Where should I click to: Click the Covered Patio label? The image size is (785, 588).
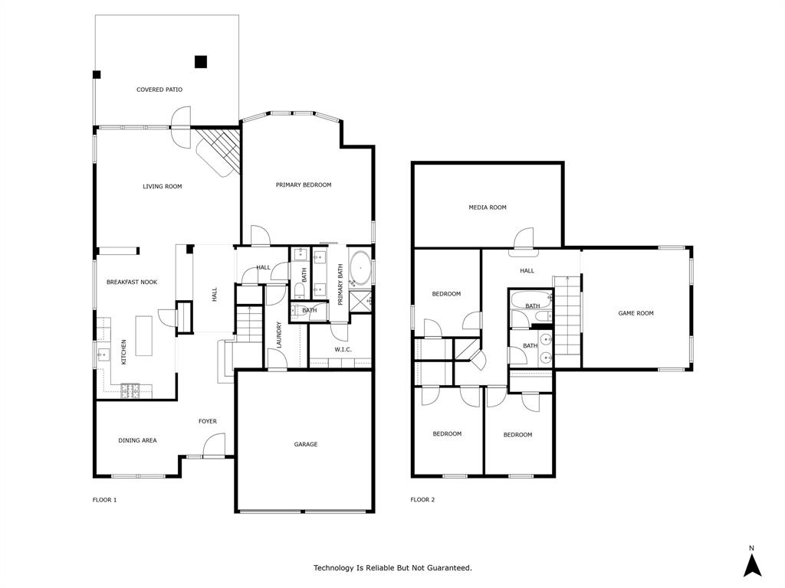[x=159, y=90]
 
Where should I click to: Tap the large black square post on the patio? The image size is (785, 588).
[x=201, y=62]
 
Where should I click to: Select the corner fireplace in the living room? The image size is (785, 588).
[x=217, y=151]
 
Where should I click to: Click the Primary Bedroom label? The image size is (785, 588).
[x=304, y=185]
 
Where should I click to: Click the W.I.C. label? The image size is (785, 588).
[x=343, y=350]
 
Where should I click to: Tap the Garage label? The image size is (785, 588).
[x=305, y=444]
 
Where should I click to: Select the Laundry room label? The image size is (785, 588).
[x=279, y=335]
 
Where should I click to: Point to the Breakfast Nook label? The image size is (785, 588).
[x=132, y=283]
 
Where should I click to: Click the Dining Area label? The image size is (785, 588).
[x=137, y=440]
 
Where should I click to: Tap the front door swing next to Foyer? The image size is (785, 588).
[x=214, y=444]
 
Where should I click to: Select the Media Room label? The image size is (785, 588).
[x=488, y=207]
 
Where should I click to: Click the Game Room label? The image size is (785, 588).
[x=636, y=313]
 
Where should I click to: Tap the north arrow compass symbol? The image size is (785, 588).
[x=752, y=564]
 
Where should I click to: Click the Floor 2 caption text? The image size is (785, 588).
[x=422, y=500]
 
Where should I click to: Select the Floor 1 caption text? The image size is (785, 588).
[x=104, y=500]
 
